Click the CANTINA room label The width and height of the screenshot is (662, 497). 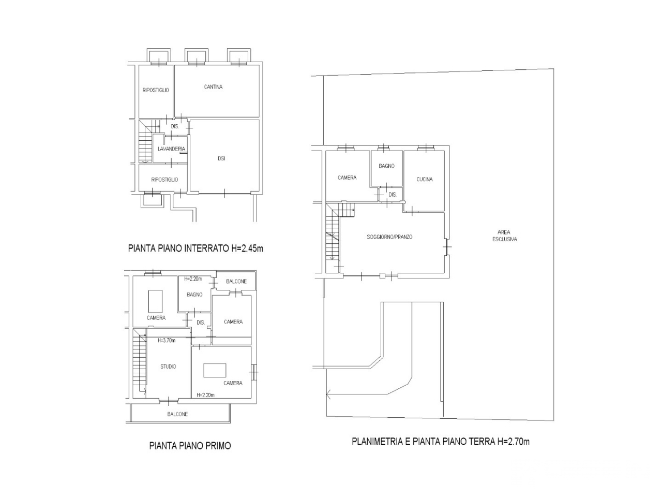(213, 87)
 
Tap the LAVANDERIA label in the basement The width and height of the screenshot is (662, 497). (171, 149)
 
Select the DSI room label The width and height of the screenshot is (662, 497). (222, 158)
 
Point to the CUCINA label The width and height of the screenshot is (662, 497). (424, 179)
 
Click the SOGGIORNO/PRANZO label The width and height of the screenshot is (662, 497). (389, 237)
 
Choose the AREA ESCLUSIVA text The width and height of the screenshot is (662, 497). (505, 236)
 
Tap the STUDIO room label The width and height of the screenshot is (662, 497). (168, 367)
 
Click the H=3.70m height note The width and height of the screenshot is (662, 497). (167, 340)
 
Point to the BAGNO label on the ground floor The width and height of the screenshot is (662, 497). (386, 166)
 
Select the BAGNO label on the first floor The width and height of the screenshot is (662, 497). (194, 295)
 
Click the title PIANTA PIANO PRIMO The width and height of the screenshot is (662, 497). (190, 446)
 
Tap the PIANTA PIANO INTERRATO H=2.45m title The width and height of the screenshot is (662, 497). (195, 248)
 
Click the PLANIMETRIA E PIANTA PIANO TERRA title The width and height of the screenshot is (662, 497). (440, 442)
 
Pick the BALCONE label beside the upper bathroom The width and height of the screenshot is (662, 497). (236, 281)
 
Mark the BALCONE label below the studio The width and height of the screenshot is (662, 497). (177, 414)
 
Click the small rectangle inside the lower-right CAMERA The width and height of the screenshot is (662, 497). (215, 370)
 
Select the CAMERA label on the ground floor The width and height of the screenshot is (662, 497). (347, 178)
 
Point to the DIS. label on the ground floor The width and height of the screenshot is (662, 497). (393, 195)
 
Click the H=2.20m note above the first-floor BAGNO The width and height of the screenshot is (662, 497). (193, 279)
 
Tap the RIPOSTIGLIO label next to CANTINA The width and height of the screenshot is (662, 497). (156, 90)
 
